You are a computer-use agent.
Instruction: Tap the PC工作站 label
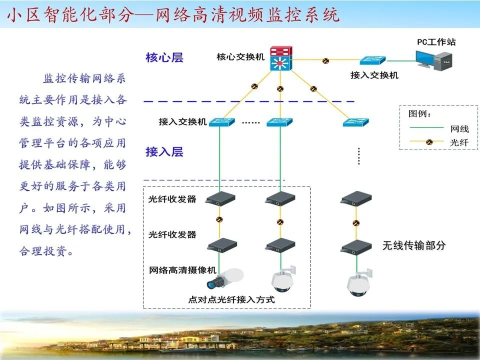pos(436,42)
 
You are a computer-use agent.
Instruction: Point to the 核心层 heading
pos(164,57)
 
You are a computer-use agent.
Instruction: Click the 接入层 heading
pos(164,151)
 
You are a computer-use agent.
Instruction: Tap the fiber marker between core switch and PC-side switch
pos(325,60)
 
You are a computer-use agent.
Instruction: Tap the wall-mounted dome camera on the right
pos(359,283)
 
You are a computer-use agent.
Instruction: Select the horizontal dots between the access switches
pos(251,122)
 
